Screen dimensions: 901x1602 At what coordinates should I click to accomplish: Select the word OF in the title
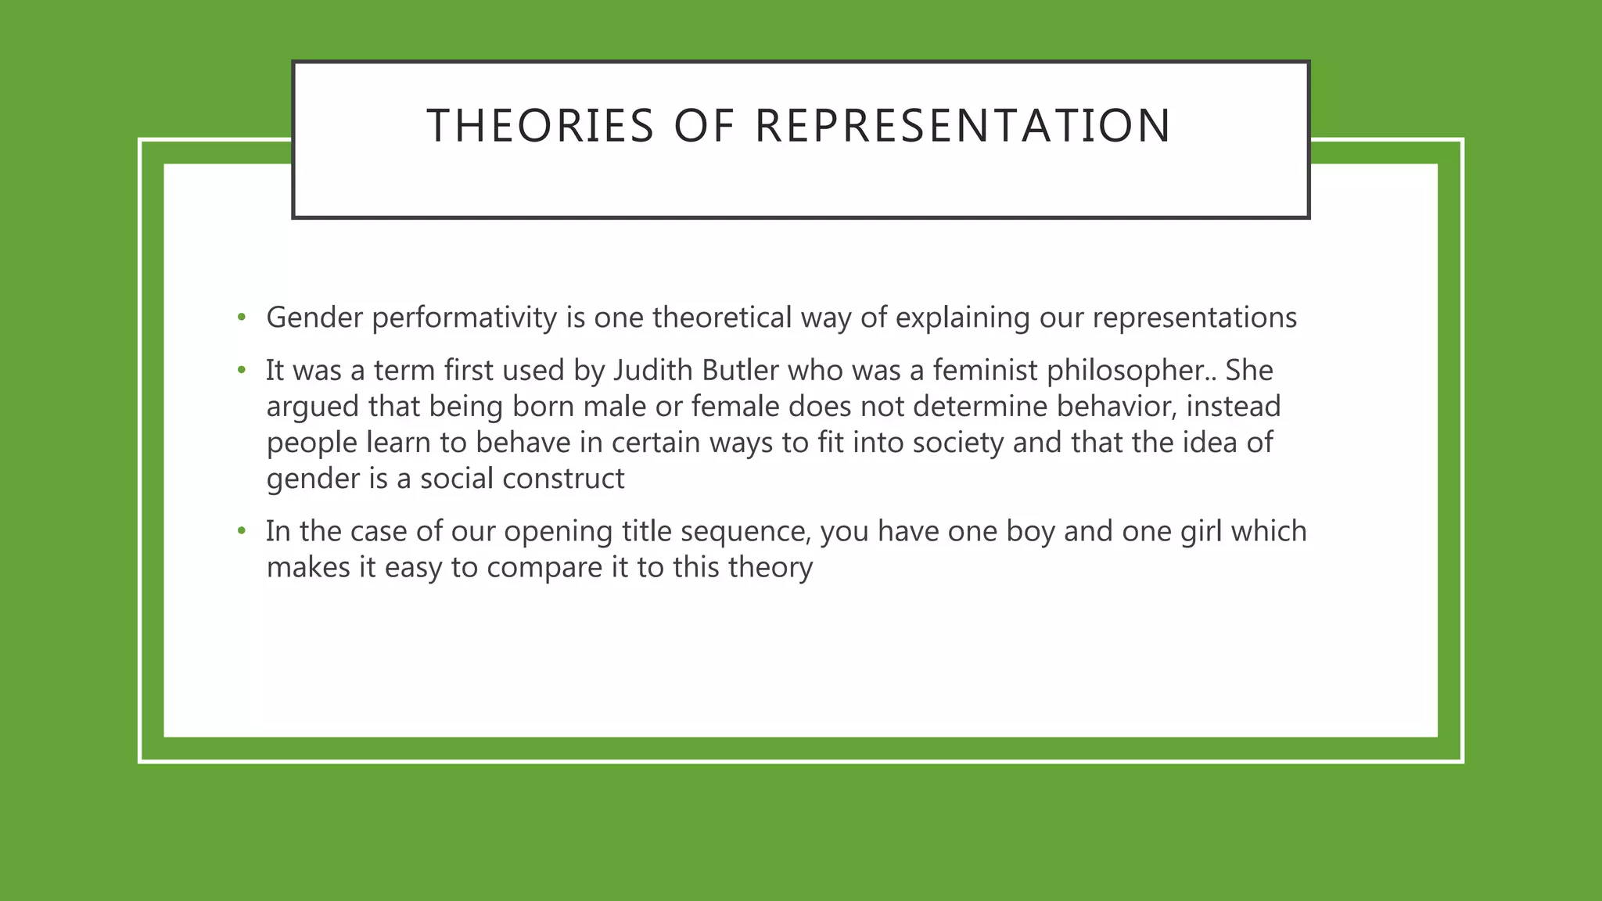(704, 126)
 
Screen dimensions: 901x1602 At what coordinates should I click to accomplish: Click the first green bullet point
(242, 318)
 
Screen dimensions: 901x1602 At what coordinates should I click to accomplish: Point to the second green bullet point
(242, 370)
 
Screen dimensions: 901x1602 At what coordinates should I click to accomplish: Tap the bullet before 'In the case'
(242, 531)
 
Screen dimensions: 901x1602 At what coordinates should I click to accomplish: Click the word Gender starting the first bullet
(314, 318)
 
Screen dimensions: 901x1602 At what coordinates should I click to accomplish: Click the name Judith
(652, 371)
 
